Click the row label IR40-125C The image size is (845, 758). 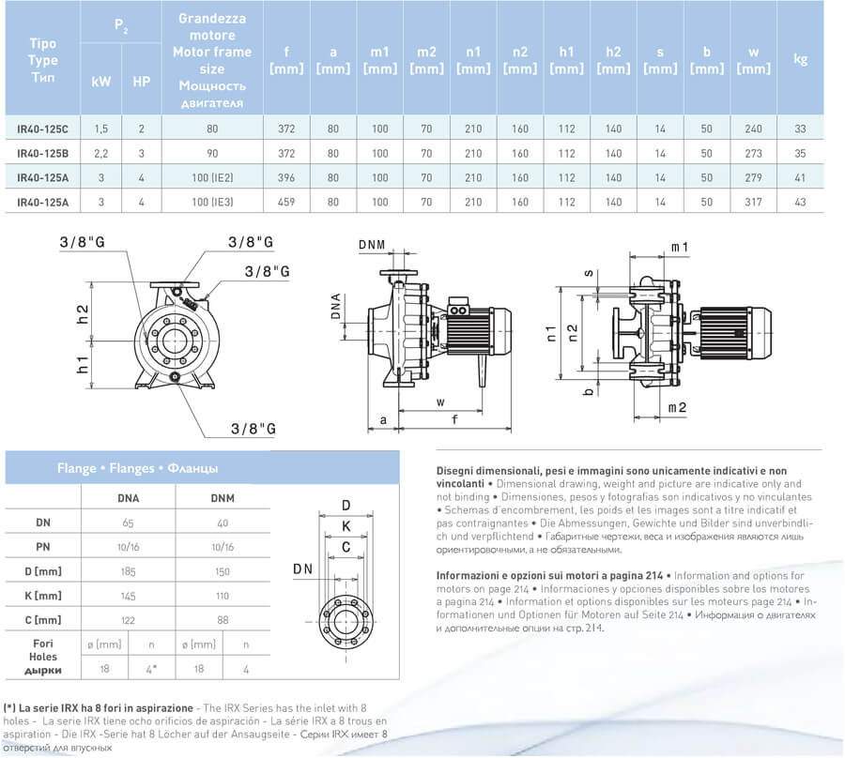43,128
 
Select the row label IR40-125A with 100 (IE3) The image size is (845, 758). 43,202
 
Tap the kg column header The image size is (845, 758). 800,59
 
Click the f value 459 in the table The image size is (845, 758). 286,202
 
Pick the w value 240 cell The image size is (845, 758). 753,128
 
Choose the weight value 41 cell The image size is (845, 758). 800,177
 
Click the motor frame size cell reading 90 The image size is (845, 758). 213,153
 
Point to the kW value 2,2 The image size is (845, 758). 100,153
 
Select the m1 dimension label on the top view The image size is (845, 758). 707,247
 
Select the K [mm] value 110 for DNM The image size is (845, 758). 222,595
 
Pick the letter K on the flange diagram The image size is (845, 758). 346,525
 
